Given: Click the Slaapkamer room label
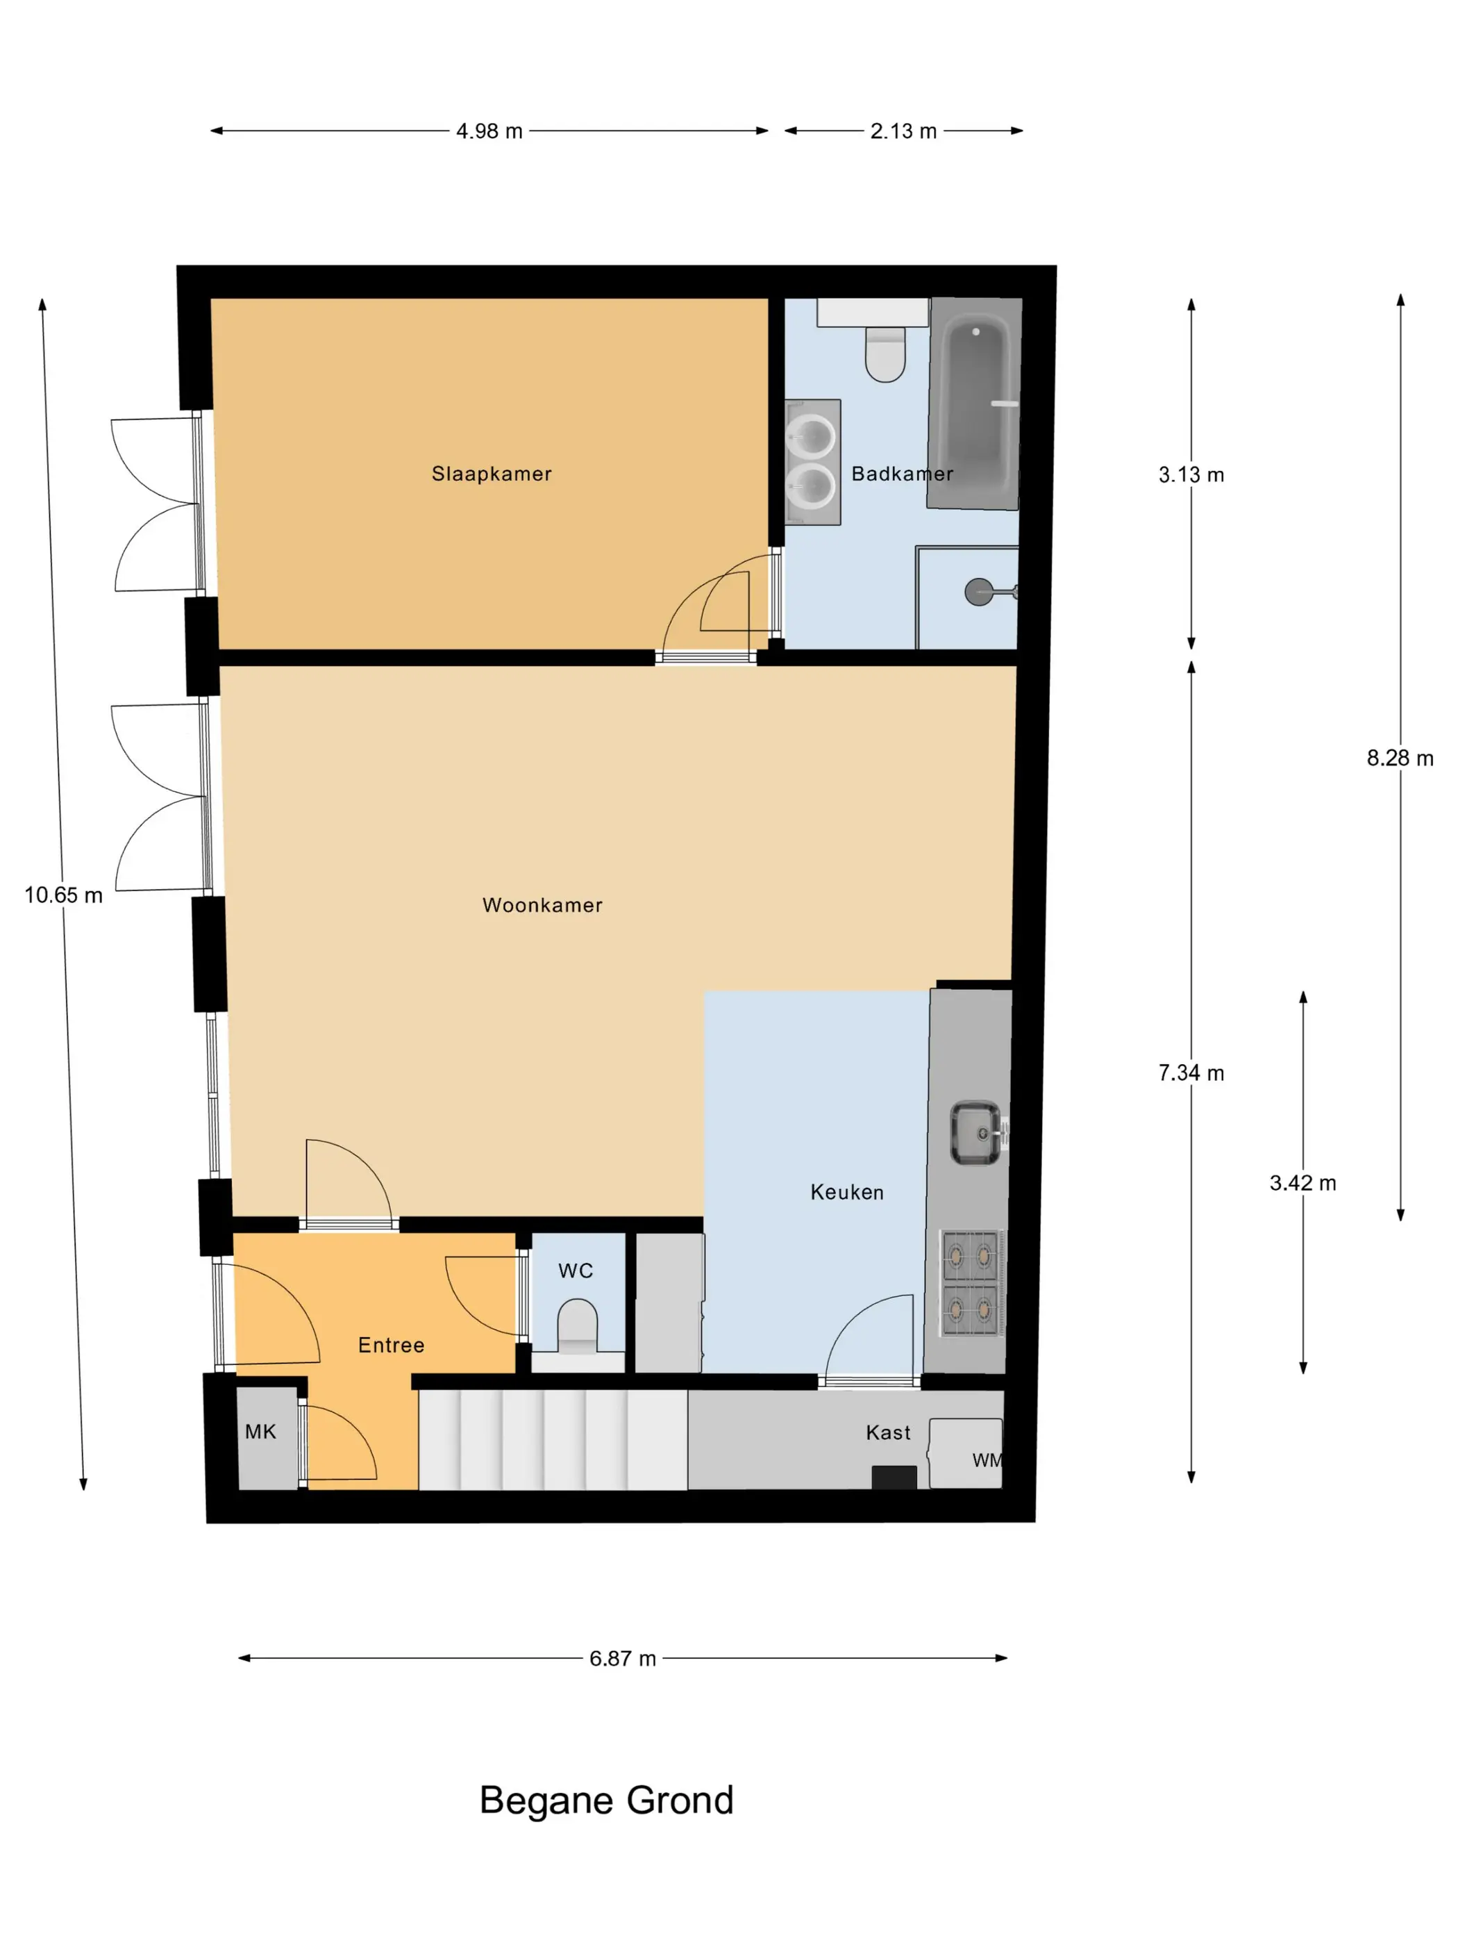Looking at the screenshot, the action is (x=492, y=474).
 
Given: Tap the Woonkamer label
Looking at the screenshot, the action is (x=542, y=905).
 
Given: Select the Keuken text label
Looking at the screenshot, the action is (x=846, y=1192).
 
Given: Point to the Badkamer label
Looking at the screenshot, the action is (x=902, y=474).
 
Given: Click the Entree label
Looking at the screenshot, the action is (x=391, y=1346).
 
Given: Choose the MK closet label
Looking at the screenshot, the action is (x=260, y=1432).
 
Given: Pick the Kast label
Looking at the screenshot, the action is (x=887, y=1432).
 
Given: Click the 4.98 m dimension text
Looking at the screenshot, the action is (x=489, y=131).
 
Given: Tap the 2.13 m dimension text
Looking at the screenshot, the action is (x=903, y=131).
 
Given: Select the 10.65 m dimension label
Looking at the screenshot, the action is (x=63, y=895).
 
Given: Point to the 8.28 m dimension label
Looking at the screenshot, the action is (x=1400, y=758).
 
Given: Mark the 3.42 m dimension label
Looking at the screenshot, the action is (x=1302, y=1183).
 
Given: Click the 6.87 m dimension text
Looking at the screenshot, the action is (x=622, y=1658).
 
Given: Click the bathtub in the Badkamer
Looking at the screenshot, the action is (x=975, y=404).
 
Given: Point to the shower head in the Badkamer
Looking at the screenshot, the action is (x=978, y=592).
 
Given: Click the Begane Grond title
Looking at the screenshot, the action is (x=606, y=1801).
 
